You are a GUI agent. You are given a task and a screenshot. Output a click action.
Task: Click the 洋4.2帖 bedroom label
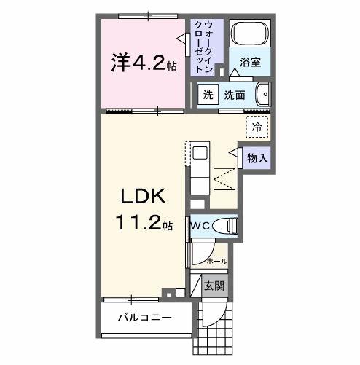tap(143, 63)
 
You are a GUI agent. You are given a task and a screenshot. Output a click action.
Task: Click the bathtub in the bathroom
tap(251, 34)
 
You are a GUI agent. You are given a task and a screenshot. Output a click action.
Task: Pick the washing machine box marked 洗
tap(208, 95)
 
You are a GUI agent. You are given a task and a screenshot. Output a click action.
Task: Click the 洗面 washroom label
tap(234, 95)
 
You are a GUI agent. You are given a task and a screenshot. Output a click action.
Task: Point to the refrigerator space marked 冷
tap(257, 127)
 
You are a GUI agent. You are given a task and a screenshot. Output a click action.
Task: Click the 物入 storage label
tap(257, 157)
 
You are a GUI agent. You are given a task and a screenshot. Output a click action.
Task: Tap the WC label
tap(200, 227)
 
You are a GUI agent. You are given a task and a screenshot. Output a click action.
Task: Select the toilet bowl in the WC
tap(227, 227)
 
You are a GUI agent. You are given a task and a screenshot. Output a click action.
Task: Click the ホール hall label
tap(216, 260)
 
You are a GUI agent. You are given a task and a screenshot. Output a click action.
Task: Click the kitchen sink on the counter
tap(200, 155)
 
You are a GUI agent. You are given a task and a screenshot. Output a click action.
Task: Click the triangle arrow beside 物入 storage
tap(235, 153)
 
